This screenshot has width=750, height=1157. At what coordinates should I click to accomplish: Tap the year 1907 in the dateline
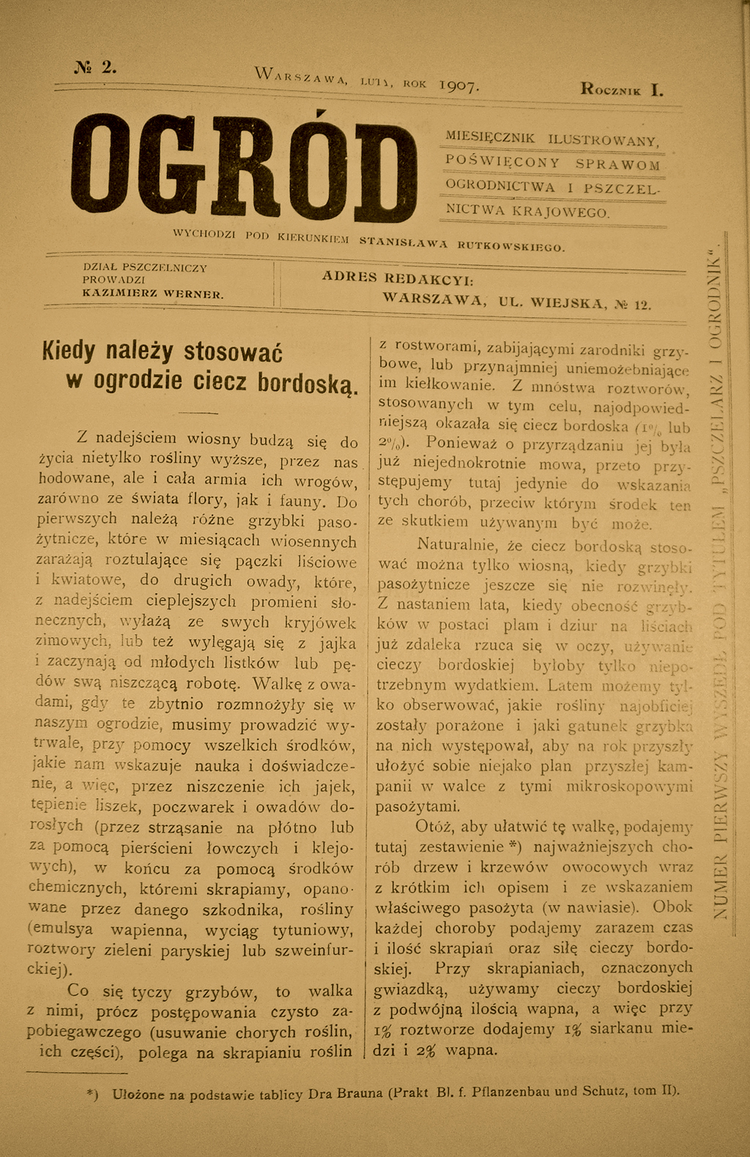tap(459, 86)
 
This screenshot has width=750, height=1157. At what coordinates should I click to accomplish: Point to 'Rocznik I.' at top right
tap(622, 90)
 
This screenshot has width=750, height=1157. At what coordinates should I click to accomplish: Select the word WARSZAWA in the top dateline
tap(301, 75)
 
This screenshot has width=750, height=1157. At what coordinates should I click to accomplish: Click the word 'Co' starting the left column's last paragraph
tap(78, 991)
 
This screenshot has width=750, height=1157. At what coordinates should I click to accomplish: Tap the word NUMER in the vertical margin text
tap(721, 890)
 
